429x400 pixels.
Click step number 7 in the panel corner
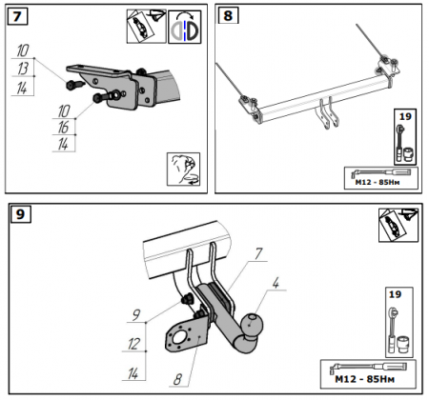(x=17, y=16)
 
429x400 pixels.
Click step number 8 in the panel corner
(x=228, y=15)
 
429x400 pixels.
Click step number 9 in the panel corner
(x=20, y=214)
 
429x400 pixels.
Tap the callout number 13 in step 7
(x=23, y=69)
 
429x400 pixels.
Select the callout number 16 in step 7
(x=63, y=127)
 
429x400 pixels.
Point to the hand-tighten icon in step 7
(x=183, y=170)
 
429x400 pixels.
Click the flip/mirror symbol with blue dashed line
(x=185, y=27)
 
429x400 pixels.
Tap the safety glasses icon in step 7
(x=146, y=26)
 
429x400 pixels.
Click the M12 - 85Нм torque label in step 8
(x=378, y=182)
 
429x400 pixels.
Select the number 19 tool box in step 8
(x=405, y=137)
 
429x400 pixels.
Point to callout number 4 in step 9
(x=276, y=283)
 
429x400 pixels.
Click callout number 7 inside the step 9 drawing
(x=258, y=254)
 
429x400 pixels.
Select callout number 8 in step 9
(x=177, y=379)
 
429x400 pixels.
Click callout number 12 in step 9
(x=133, y=344)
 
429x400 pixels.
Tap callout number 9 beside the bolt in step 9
(x=136, y=315)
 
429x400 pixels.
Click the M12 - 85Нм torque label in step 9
(x=364, y=379)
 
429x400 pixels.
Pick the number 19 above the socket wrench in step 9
(x=395, y=294)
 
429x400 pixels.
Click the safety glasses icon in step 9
(x=398, y=225)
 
